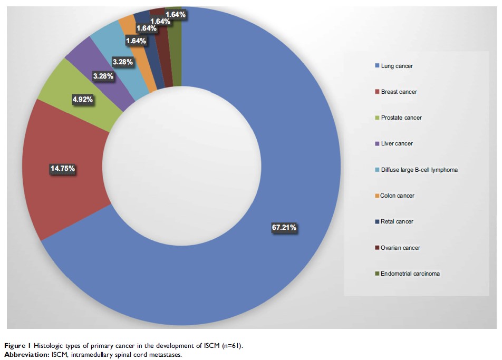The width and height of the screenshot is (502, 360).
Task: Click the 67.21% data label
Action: [284, 228]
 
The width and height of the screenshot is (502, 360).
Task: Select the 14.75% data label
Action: [62, 169]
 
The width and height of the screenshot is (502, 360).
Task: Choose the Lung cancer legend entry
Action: [397, 66]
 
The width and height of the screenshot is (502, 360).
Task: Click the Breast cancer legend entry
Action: [399, 92]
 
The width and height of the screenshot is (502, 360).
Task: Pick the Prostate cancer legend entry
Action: [401, 118]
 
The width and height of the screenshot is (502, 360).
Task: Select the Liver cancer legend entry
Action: [397, 143]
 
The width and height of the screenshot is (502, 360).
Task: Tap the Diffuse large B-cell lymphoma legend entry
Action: [419, 170]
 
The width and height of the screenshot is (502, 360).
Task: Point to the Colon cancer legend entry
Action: [397, 196]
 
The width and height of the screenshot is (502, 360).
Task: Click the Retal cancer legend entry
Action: [397, 221]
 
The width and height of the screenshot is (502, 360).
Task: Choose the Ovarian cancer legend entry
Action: [400, 248]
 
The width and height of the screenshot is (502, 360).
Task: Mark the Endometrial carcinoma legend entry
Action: [410, 274]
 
